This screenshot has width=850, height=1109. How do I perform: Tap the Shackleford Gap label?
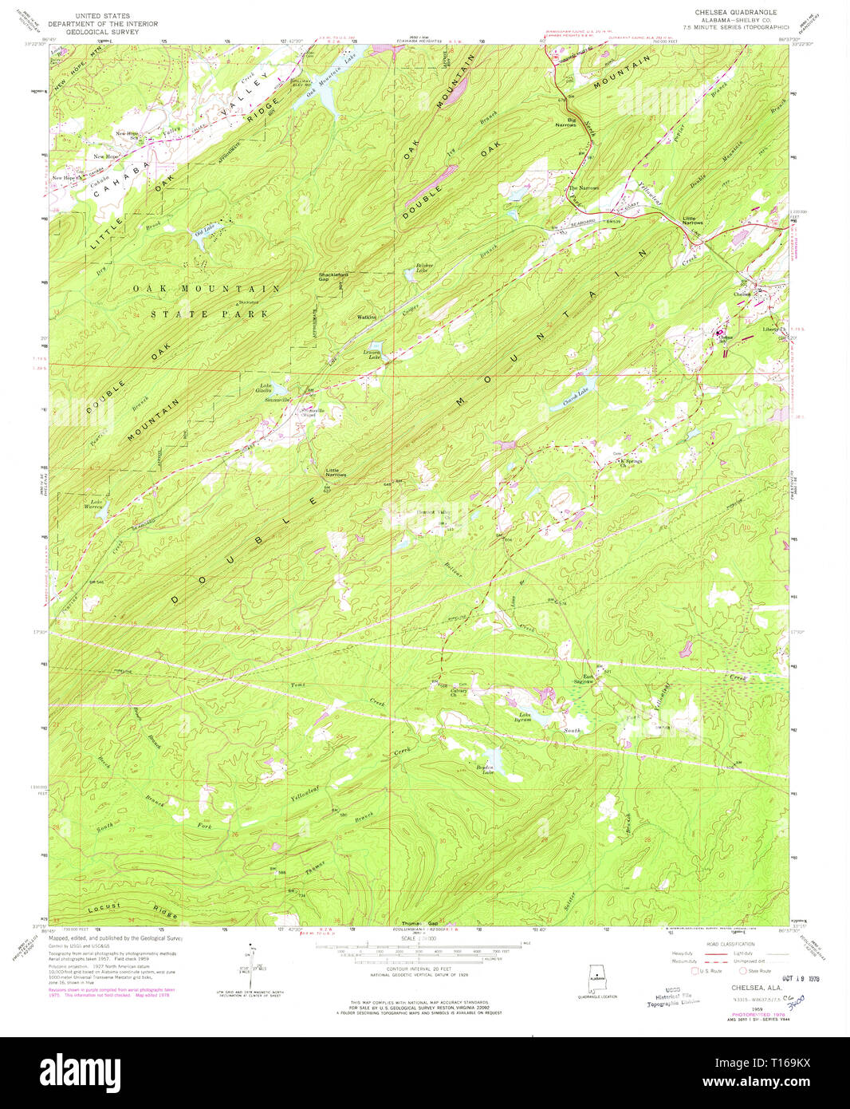pos(333,277)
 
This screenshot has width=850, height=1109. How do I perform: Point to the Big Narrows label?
pos(566,123)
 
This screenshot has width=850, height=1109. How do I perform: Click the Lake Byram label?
pos(525,716)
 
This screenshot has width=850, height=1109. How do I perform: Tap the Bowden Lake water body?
pos(490,756)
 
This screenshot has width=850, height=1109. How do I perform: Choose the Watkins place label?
pos(367,317)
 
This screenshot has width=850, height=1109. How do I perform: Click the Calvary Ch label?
pos(458,693)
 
